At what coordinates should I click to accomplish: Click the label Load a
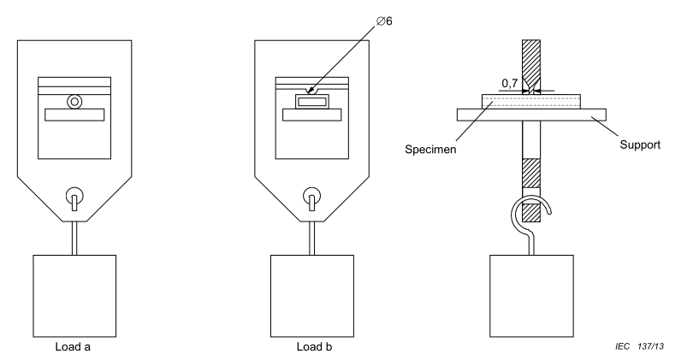(x=74, y=348)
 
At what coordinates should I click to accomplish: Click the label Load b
(x=312, y=348)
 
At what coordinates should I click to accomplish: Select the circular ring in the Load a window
(x=74, y=101)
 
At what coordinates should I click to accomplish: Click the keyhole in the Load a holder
(x=74, y=198)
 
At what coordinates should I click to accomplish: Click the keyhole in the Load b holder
(x=313, y=198)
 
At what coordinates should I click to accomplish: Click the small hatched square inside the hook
(x=532, y=211)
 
